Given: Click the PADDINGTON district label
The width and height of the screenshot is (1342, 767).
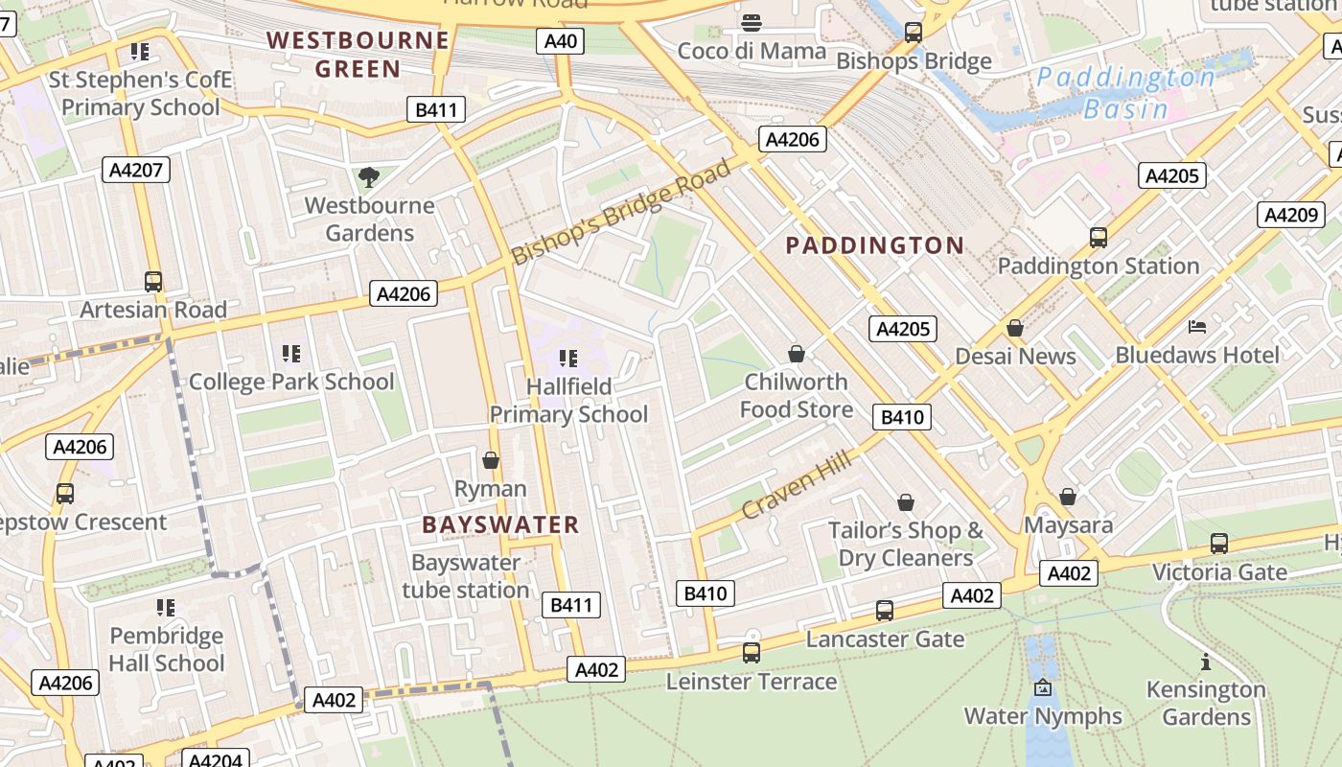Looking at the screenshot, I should coord(874,245).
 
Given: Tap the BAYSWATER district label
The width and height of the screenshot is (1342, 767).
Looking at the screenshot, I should coord(500,524).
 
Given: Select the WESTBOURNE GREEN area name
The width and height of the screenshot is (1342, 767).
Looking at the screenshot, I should coord(358,55).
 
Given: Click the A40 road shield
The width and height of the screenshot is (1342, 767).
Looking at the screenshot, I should coord(561,41).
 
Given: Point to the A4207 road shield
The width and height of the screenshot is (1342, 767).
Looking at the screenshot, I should coord(137,171).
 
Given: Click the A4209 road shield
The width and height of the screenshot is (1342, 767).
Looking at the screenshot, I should coord(1290,215).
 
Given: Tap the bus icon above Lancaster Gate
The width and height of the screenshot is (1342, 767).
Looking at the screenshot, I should coord(885,610).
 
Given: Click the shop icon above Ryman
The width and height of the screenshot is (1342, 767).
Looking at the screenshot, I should coord(491,461).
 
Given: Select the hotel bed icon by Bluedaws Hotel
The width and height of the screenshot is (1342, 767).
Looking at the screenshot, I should coord(1197,327).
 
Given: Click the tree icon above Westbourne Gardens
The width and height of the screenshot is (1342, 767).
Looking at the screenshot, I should coord(368,176).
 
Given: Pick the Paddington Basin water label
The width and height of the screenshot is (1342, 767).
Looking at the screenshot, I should coord(1126,92).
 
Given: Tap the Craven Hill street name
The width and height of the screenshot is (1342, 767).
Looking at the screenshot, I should coord(797,487).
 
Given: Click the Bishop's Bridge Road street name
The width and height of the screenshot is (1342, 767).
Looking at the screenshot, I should coord(621,214).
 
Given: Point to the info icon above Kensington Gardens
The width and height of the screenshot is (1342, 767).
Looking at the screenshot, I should coord(1205,662).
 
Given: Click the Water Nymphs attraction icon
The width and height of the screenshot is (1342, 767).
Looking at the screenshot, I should coord(1043,687).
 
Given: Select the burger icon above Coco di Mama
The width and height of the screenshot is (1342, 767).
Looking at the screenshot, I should coord(752,23).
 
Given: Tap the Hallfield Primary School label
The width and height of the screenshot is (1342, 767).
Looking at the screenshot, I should coord(568,401).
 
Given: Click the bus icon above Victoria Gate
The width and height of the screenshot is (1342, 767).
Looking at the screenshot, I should coord(1218,544).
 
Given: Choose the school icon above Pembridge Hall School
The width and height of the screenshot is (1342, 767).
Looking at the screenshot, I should coord(166,608).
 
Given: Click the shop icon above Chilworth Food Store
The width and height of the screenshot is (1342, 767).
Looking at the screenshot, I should coord(796,354).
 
